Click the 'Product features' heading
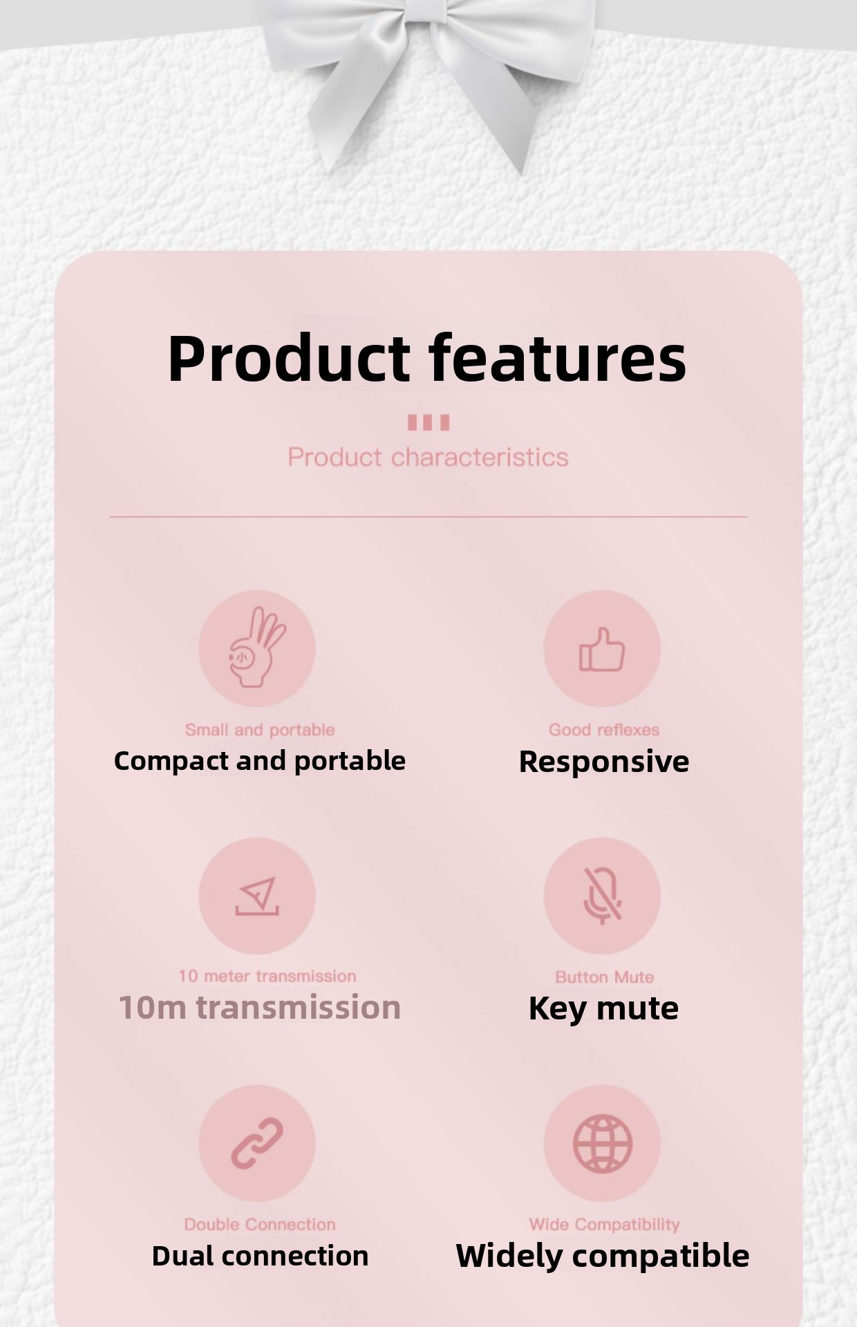tap(427, 359)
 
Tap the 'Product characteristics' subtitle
tap(428, 457)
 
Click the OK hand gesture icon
tap(256, 648)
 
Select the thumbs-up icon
tap(602, 649)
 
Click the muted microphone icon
tap(602, 896)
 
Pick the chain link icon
tap(257, 1143)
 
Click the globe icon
tap(602, 1143)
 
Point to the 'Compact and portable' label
tap(259, 761)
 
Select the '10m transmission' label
tap(259, 1007)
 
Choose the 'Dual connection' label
tap(260, 1256)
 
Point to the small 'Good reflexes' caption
tap(604, 730)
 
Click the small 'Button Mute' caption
tap(605, 977)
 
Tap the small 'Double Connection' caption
tap(260, 1224)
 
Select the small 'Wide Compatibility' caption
tap(605, 1225)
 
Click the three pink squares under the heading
tap(428, 422)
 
